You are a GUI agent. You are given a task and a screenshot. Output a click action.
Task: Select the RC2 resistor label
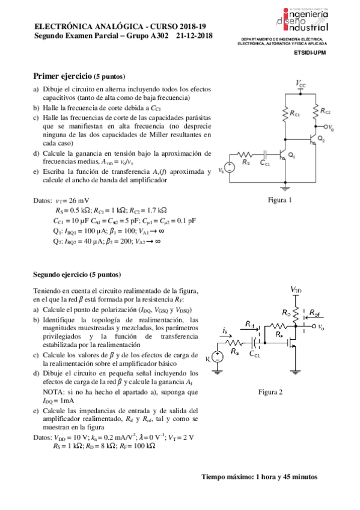point(325,112)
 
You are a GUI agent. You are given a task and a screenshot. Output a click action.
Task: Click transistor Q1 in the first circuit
point(284,154)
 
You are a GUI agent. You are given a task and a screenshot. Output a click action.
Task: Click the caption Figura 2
point(270,392)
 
